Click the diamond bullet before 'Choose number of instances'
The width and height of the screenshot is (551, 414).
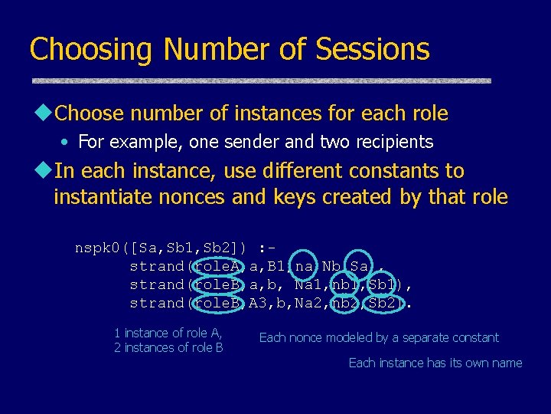click(x=45, y=113)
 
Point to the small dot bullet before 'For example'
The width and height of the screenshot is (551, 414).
click(x=69, y=143)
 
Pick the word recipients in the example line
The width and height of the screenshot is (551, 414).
click(x=391, y=143)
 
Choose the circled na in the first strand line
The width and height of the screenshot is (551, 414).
click(x=304, y=266)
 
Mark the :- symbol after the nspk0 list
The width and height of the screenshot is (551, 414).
click(x=267, y=248)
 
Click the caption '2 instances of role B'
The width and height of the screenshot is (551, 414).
click(x=168, y=348)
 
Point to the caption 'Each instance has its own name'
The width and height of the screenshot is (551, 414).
click(x=435, y=363)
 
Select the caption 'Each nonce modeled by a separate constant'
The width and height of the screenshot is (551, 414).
click(x=379, y=337)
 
